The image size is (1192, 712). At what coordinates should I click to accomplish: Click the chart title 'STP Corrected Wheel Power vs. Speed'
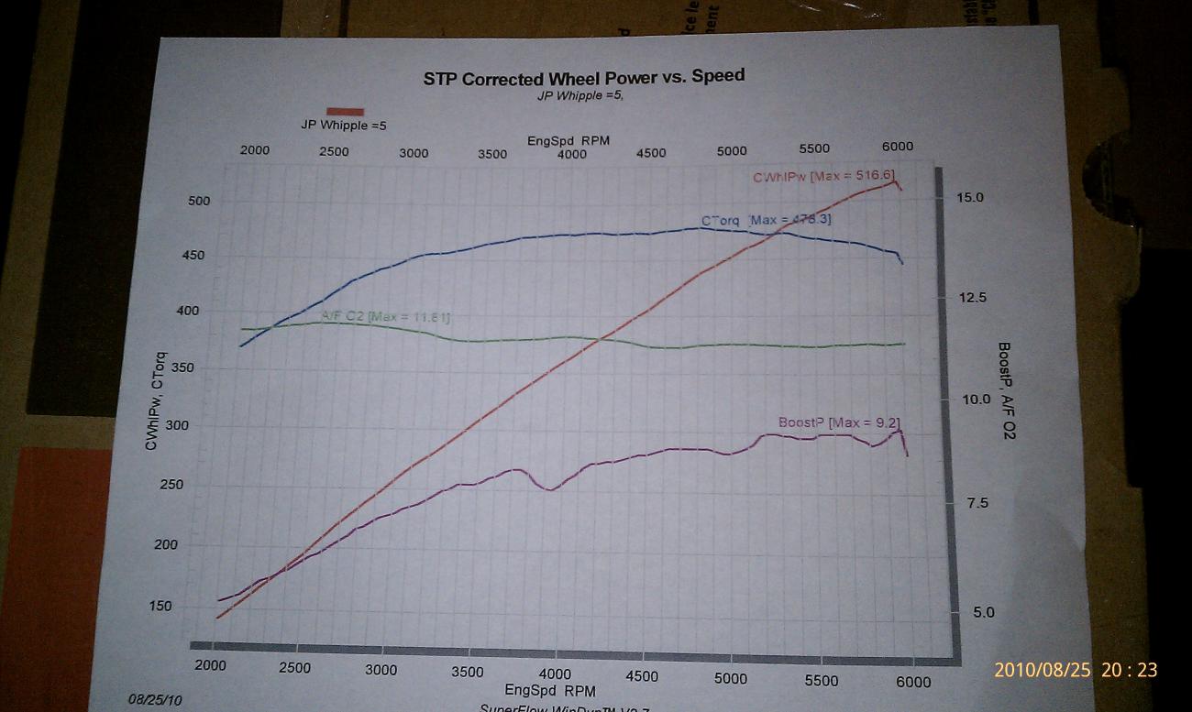pyautogui.click(x=583, y=77)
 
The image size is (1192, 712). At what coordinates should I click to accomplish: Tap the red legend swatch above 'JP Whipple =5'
pyautogui.click(x=345, y=111)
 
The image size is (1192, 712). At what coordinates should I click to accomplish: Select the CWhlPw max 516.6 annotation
pyautogui.click(x=822, y=177)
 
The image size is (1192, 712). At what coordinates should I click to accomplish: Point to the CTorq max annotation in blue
pyautogui.click(x=767, y=220)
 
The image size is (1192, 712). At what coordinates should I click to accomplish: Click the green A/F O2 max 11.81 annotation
pyautogui.click(x=385, y=317)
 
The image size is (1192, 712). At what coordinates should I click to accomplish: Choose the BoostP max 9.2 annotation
pyautogui.click(x=832, y=422)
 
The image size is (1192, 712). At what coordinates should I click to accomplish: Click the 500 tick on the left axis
pyautogui.click(x=199, y=202)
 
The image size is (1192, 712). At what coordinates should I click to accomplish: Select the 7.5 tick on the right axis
pyautogui.click(x=975, y=502)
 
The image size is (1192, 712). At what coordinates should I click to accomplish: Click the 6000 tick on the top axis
pyautogui.click(x=897, y=147)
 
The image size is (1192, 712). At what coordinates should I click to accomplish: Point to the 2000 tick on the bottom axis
pyautogui.click(x=210, y=667)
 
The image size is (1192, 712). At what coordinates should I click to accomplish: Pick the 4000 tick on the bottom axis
pyautogui.click(x=555, y=675)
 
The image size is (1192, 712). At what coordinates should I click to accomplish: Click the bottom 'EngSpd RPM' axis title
pyautogui.click(x=554, y=690)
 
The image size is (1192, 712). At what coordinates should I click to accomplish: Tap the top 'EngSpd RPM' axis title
pyautogui.click(x=568, y=140)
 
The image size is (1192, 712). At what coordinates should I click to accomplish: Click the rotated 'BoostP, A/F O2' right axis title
pyautogui.click(x=1006, y=389)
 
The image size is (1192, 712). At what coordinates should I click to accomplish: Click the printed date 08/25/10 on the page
pyautogui.click(x=155, y=699)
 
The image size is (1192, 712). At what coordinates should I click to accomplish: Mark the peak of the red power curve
pyautogui.click(x=893, y=181)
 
